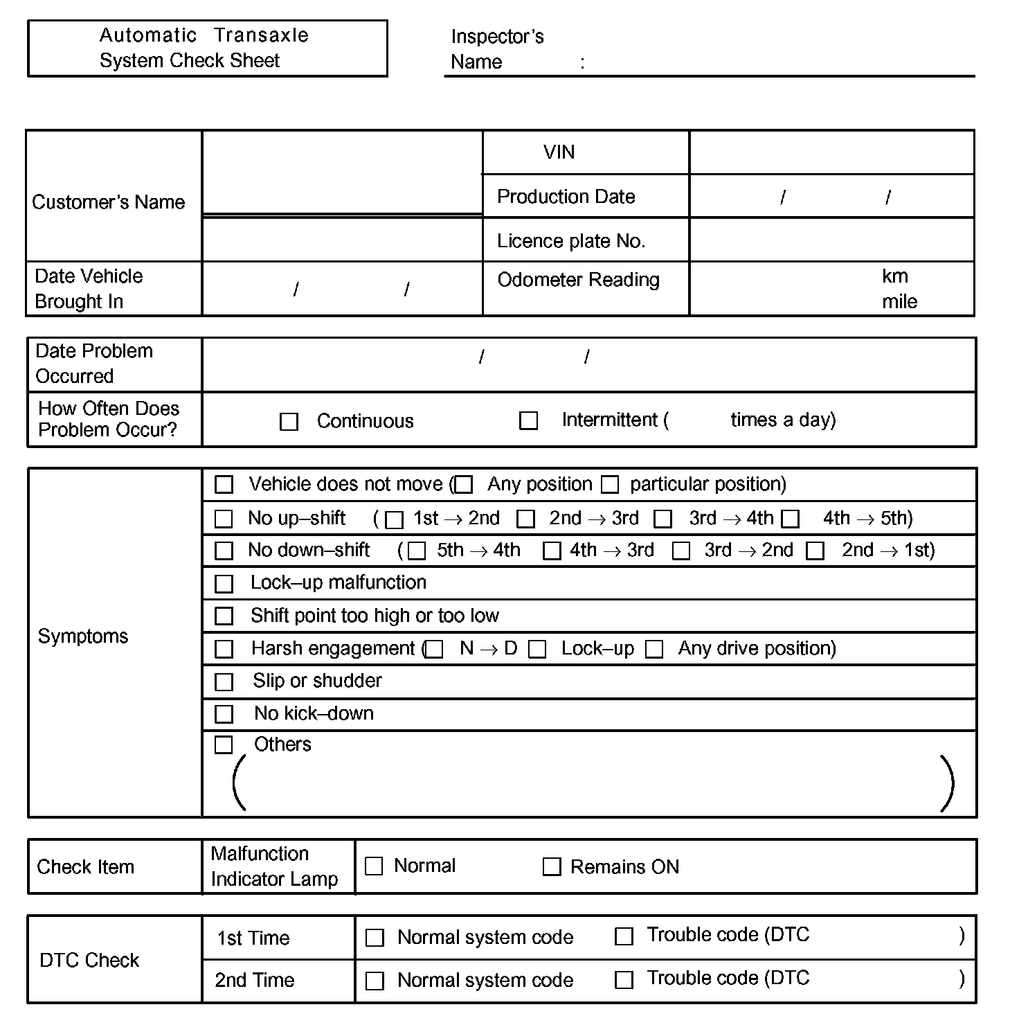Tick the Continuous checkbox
click(x=289, y=422)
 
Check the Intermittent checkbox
click(x=528, y=420)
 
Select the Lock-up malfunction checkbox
click(x=224, y=584)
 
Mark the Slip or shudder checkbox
click(x=224, y=682)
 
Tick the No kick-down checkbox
click(x=224, y=714)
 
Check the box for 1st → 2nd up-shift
click(x=394, y=519)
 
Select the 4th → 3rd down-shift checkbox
click(x=552, y=551)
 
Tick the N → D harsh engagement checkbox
click(x=435, y=650)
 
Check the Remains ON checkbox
click(x=551, y=867)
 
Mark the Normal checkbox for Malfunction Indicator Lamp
click(x=374, y=866)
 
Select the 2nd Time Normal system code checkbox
click(x=375, y=981)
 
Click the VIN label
click(x=559, y=152)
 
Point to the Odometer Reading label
click(x=578, y=280)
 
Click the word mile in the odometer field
click(x=899, y=302)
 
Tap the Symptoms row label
click(x=83, y=636)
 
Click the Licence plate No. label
click(x=571, y=241)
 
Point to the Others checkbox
click(x=224, y=745)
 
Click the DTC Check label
click(x=89, y=961)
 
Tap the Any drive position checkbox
click(x=654, y=650)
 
